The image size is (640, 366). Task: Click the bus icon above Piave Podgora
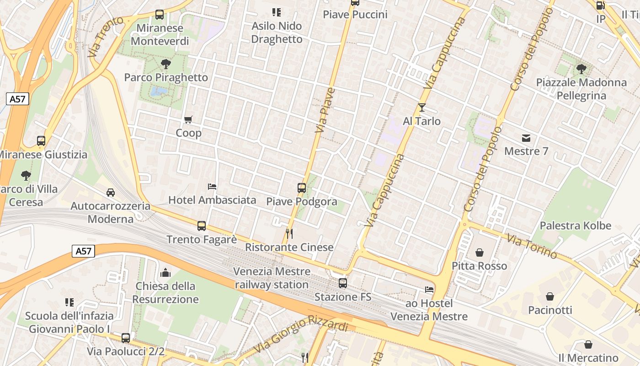pyautogui.click(x=302, y=188)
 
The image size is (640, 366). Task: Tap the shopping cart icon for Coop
pyautogui.click(x=188, y=120)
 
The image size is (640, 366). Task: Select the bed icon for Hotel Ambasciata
pyautogui.click(x=212, y=186)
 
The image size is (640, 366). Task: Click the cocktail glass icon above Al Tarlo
pyautogui.click(x=421, y=108)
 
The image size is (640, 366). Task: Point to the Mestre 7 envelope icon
pyautogui.click(x=526, y=138)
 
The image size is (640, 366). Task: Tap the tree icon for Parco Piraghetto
pyautogui.click(x=166, y=64)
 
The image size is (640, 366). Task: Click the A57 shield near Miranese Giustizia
pyautogui.click(x=18, y=99)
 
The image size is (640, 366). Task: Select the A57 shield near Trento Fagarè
pyautogui.click(x=83, y=251)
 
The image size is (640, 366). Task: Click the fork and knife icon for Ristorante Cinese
pyautogui.click(x=289, y=234)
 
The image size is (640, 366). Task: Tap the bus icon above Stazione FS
pyautogui.click(x=343, y=283)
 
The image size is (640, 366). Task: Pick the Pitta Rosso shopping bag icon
pyautogui.click(x=480, y=253)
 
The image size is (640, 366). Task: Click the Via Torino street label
pyautogui.click(x=532, y=246)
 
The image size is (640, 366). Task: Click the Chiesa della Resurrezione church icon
pyautogui.click(x=165, y=273)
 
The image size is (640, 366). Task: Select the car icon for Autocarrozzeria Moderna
pyautogui.click(x=111, y=193)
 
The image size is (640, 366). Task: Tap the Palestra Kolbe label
pyautogui.click(x=575, y=226)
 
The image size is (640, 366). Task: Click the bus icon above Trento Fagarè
pyautogui.click(x=202, y=226)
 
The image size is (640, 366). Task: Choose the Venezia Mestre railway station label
pyautogui.click(x=272, y=278)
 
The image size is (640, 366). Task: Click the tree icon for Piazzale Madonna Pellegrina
pyautogui.click(x=581, y=69)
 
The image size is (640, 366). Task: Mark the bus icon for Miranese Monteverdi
pyautogui.click(x=159, y=15)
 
